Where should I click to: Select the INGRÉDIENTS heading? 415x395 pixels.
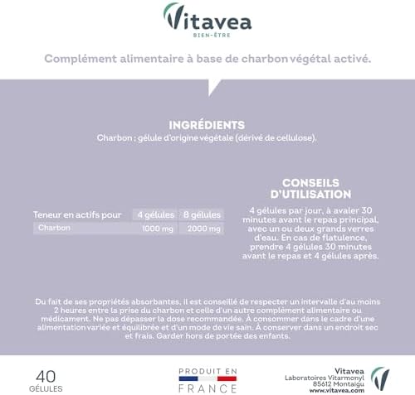coord(207,124)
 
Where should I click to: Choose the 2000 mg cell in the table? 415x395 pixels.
coord(202,227)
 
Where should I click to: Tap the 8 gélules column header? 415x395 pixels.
coord(202,213)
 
